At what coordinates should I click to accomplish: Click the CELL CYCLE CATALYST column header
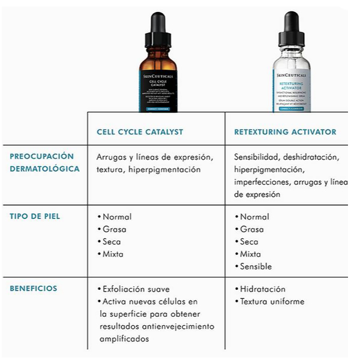(x=140, y=132)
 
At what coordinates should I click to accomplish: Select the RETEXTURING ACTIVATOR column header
(x=285, y=132)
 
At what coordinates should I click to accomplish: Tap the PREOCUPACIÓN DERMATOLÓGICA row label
(x=44, y=163)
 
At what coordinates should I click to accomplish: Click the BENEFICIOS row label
(x=34, y=289)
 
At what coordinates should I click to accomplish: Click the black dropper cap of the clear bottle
(x=292, y=27)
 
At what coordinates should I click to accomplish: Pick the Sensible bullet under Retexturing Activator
(x=255, y=266)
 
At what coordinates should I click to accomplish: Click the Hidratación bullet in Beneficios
(x=262, y=289)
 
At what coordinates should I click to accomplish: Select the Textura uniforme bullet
(x=272, y=302)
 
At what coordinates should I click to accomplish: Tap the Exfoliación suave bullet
(x=134, y=289)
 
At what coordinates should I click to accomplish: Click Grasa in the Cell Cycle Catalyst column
(x=114, y=229)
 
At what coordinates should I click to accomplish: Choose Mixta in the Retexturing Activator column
(x=251, y=254)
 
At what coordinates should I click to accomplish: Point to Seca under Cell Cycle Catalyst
(x=112, y=242)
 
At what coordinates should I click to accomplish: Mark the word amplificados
(x=125, y=339)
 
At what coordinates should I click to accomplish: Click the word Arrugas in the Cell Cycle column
(x=113, y=157)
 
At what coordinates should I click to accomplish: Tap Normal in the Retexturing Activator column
(x=254, y=217)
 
